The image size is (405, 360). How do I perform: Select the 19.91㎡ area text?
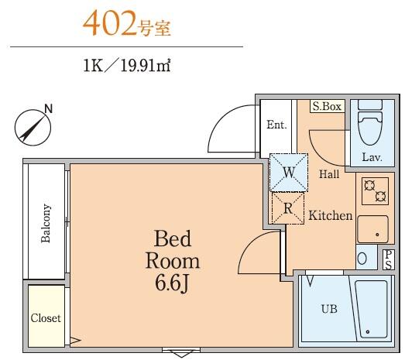pos(144,67)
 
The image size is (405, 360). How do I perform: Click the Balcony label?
pos(46,224)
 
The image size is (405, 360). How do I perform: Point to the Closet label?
pos(46,318)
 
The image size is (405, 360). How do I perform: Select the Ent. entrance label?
pos(276,125)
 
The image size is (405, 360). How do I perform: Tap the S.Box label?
pos(327,107)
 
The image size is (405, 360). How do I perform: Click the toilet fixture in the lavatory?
pos(369,127)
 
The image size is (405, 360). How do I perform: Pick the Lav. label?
pos(372,157)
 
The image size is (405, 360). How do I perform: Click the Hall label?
pos(329,174)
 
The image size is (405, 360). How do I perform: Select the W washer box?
pos(287,173)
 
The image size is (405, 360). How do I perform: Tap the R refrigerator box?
pos(287,207)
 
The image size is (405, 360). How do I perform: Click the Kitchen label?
pos(331,216)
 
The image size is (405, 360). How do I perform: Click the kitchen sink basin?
pos(372,228)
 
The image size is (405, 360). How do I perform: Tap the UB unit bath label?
pos(329,309)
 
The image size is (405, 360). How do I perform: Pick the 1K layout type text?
pos(95,67)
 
